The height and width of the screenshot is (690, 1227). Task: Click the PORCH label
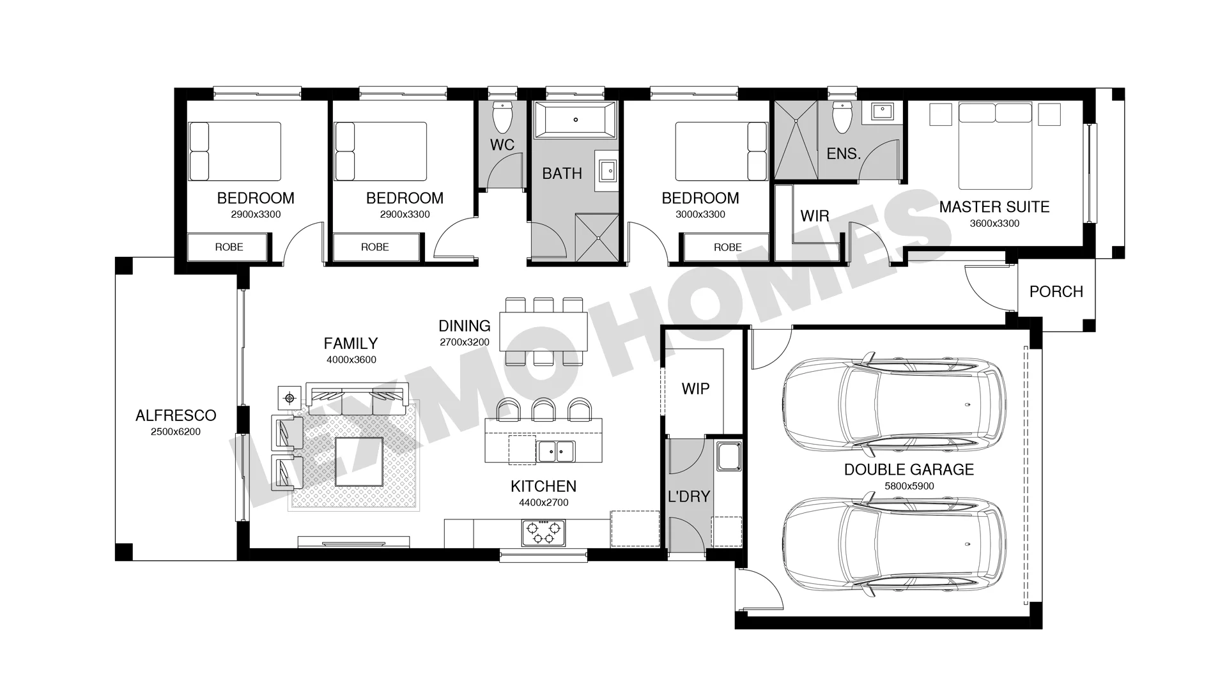click(1056, 291)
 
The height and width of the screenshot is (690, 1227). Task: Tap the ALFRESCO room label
click(176, 415)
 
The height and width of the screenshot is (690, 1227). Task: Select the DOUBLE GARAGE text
click(909, 470)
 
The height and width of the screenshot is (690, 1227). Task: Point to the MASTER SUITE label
click(994, 207)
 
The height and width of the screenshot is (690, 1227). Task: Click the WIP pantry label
click(695, 388)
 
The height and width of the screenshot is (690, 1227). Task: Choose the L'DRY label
click(688, 496)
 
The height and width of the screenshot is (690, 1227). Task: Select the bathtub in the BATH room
click(575, 119)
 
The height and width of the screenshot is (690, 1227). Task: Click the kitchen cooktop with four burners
click(543, 532)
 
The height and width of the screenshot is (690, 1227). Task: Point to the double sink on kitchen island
click(555, 451)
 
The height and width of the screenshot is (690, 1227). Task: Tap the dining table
click(543, 331)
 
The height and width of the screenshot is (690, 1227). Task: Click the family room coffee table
click(359, 461)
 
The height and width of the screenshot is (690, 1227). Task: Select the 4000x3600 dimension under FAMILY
click(351, 360)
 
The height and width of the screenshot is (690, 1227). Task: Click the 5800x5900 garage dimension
click(909, 486)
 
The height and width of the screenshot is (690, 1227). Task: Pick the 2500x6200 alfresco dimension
click(176, 432)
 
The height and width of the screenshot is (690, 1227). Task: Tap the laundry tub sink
click(729, 456)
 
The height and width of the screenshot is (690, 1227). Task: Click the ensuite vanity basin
click(883, 112)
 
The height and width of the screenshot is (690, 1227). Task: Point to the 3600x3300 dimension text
click(994, 224)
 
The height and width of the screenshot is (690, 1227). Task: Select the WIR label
click(815, 216)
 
